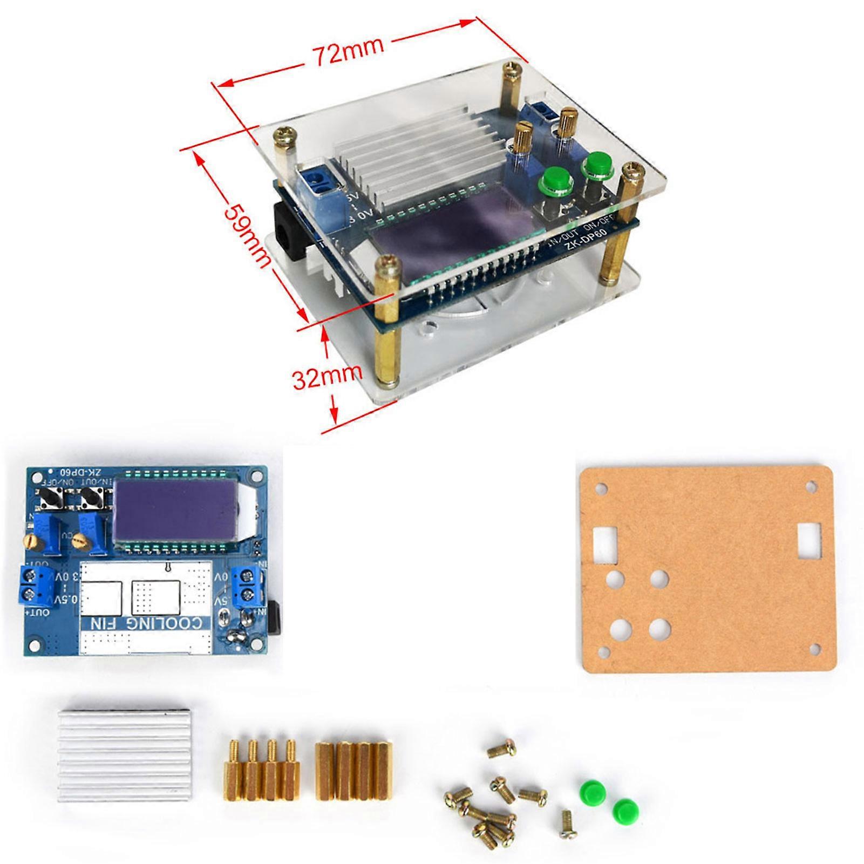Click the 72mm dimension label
[348, 51]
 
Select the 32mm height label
[327, 377]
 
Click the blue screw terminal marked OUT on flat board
[36, 584]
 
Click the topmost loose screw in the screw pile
[502, 748]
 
